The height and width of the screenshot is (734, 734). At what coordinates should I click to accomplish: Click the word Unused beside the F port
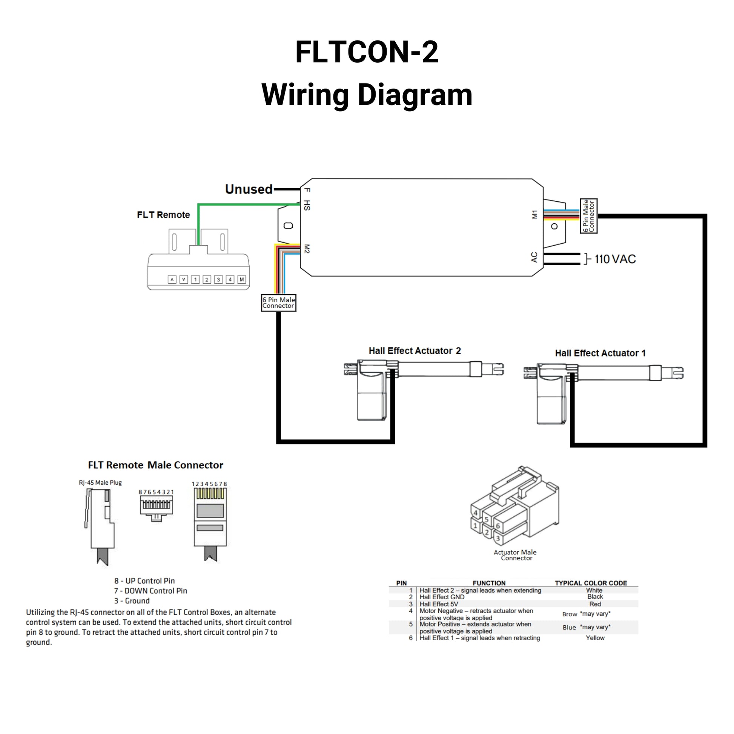click(x=249, y=189)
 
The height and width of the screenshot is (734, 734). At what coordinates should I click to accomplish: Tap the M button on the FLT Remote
click(x=242, y=279)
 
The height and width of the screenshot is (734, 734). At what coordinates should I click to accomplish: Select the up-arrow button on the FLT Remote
click(x=172, y=279)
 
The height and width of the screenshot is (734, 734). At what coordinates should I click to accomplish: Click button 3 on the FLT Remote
click(x=218, y=279)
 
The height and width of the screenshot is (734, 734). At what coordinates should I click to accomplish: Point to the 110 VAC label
click(x=615, y=259)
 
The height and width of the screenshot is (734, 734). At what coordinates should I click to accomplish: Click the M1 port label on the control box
click(x=534, y=215)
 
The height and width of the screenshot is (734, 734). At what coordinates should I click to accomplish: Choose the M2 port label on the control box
click(x=307, y=249)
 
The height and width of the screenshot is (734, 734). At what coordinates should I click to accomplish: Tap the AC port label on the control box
click(x=534, y=257)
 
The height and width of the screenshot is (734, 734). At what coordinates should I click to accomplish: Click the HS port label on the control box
click(x=307, y=205)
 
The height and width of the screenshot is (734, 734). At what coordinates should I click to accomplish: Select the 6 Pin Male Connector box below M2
click(x=278, y=303)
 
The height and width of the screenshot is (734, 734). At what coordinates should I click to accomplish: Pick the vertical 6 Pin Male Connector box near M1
click(x=588, y=216)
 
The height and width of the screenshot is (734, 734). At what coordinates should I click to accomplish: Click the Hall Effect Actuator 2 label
click(x=415, y=351)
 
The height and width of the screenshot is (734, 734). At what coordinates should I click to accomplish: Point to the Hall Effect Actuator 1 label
click(x=600, y=353)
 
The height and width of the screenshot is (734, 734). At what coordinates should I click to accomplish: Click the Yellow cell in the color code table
click(x=595, y=638)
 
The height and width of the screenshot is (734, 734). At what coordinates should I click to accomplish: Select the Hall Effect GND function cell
click(x=442, y=597)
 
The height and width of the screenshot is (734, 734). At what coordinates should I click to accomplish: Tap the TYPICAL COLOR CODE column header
click(x=591, y=583)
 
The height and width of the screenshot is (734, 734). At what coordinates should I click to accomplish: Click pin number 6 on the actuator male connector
click(x=498, y=526)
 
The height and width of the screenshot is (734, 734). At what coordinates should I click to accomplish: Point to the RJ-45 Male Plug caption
click(x=100, y=482)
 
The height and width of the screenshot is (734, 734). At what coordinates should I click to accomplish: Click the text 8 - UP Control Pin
click(x=144, y=581)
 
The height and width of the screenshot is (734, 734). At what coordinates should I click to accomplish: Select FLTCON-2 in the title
click(x=367, y=52)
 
